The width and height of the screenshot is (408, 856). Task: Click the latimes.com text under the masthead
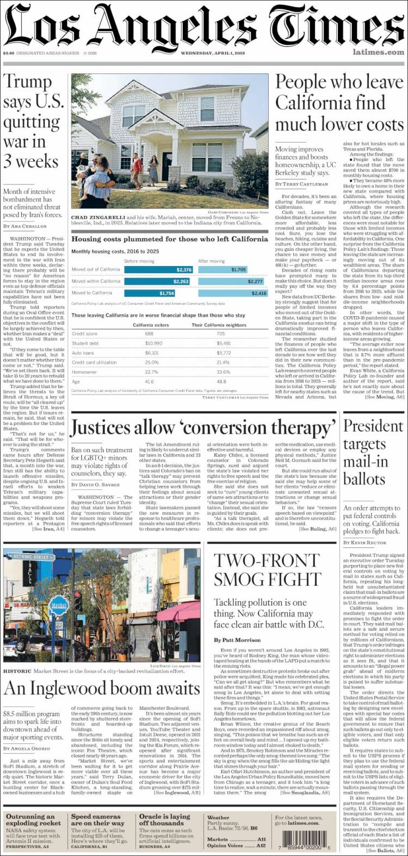click(x=378, y=53)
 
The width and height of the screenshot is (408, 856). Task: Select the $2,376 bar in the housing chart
click(x=158, y=270)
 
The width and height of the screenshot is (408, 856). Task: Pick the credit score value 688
click(x=149, y=334)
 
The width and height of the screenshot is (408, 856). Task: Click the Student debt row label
click(x=85, y=343)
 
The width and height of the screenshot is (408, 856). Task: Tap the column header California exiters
click(x=150, y=325)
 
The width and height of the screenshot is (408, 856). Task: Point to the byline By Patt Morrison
click(x=237, y=640)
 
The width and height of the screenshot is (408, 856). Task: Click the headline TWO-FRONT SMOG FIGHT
click(x=267, y=570)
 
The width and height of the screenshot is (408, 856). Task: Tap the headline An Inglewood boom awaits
click(x=102, y=689)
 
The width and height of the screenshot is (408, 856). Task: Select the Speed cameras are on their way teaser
click(x=101, y=820)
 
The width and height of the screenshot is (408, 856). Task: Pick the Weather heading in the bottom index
click(x=218, y=817)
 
